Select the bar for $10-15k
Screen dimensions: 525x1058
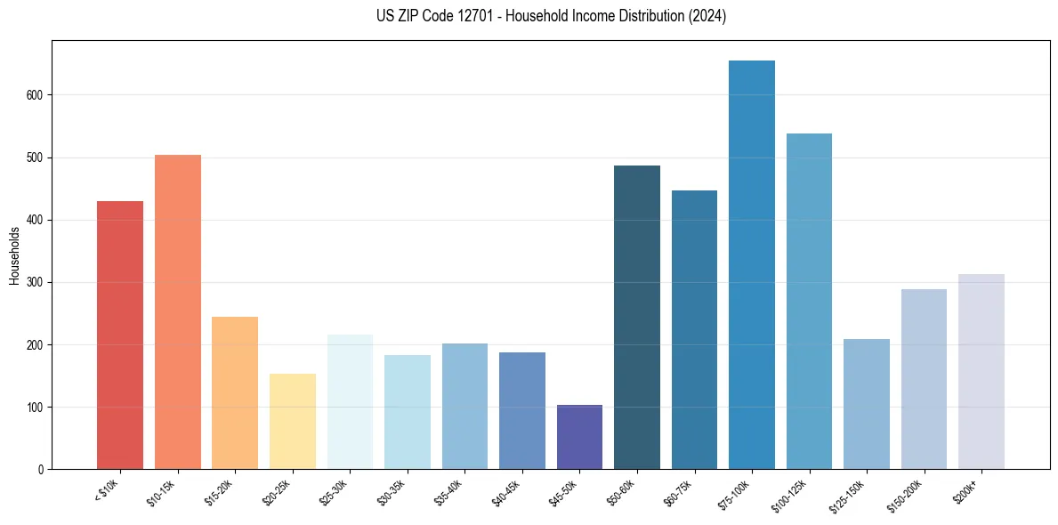tap(178, 312)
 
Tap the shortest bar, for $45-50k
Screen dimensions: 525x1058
tap(579, 437)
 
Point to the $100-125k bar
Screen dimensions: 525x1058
tap(809, 302)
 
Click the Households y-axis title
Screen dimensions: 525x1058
tap(14, 254)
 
